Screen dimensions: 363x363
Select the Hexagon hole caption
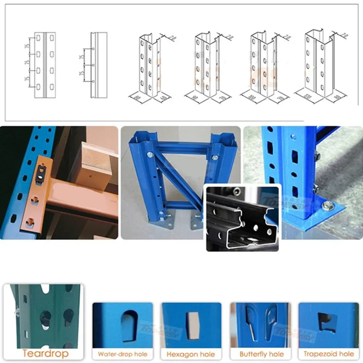point(191,353)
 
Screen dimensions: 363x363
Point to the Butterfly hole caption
point(259,353)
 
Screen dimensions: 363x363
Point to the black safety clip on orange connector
point(41,172)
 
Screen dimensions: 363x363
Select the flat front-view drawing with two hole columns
point(45,64)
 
